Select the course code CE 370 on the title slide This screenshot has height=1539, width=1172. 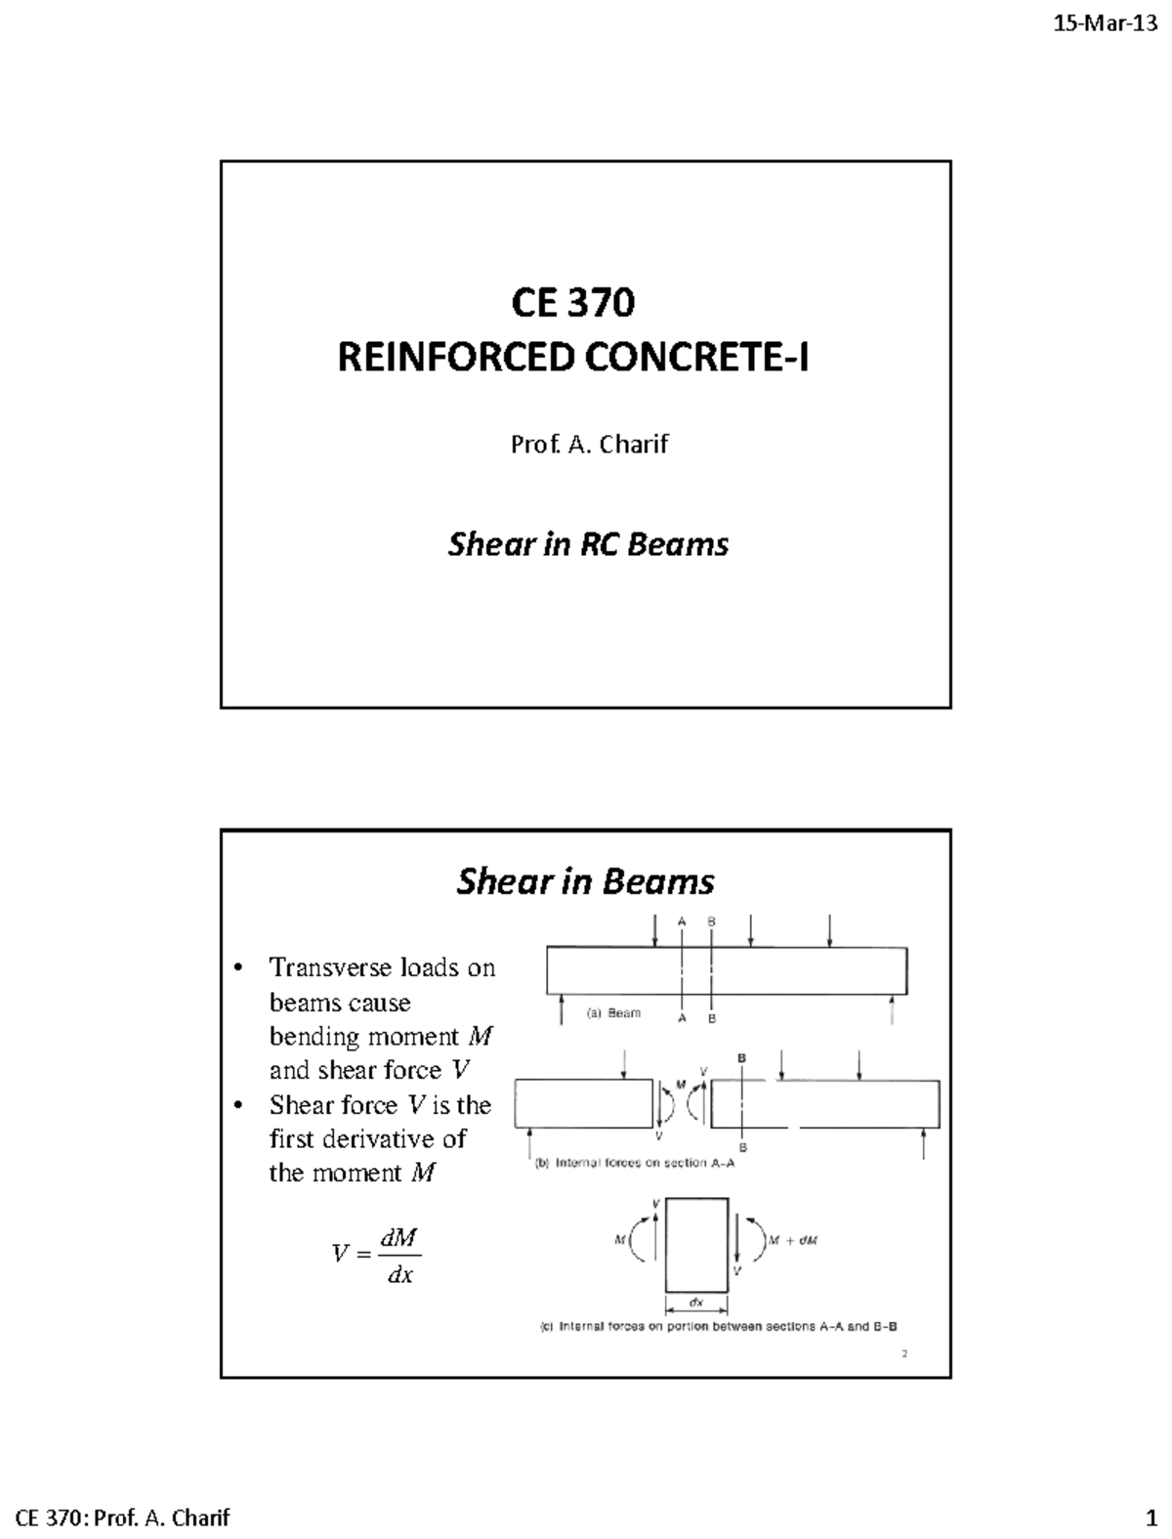pos(573,303)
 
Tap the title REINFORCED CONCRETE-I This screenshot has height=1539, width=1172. pos(573,359)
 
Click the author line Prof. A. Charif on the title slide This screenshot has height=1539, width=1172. pos(589,445)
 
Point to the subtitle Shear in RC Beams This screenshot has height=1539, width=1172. pos(588,544)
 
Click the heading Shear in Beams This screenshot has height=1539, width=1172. pos(585,881)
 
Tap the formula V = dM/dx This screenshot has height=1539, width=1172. pos(376,1255)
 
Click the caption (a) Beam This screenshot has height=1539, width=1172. pos(613,1013)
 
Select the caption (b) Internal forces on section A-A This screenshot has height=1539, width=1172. pos(635,1163)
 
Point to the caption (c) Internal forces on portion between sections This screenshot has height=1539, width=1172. pos(719,1327)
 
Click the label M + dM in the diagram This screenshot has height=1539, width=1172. pos(792,1241)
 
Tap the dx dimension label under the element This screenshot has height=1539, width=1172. pos(696,1303)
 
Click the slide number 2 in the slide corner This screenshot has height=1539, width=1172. pos(904,1353)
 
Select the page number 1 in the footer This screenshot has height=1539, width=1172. pos(1150,1518)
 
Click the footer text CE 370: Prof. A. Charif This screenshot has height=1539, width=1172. pos(124,1518)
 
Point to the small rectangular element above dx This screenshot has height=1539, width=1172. pos(696,1244)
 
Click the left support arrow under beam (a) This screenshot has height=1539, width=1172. pos(562,1010)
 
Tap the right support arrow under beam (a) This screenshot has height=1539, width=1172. pos(893,1010)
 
